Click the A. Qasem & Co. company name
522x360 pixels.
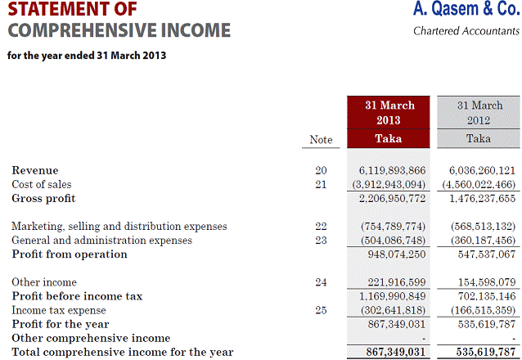point(466,11)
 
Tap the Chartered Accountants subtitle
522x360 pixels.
point(466,32)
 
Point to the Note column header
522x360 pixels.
point(321,140)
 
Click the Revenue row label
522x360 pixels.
point(35,170)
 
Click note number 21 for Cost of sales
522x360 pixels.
point(321,184)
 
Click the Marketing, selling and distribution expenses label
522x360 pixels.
point(119,226)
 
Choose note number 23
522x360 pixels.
point(321,241)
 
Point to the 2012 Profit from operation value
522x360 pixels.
point(482,254)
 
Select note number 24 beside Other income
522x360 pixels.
point(321,282)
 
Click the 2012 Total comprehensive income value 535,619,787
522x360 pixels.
point(482,353)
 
